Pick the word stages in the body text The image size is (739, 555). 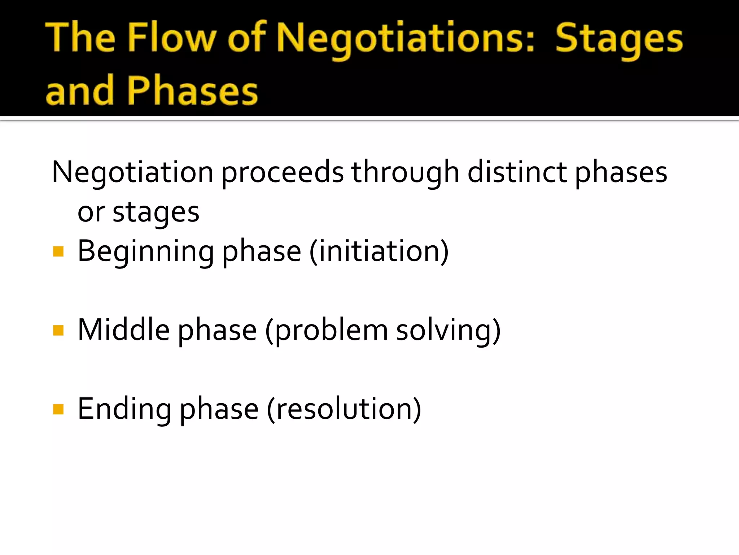click(x=156, y=213)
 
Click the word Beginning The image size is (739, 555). click(x=146, y=252)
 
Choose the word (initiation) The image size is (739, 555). click(x=379, y=251)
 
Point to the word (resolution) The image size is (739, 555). click(x=344, y=409)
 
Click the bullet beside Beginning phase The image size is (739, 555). click(x=58, y=251)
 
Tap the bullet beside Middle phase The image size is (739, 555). click(x=58, y=330)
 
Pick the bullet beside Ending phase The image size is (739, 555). click(x=58, y=409)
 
